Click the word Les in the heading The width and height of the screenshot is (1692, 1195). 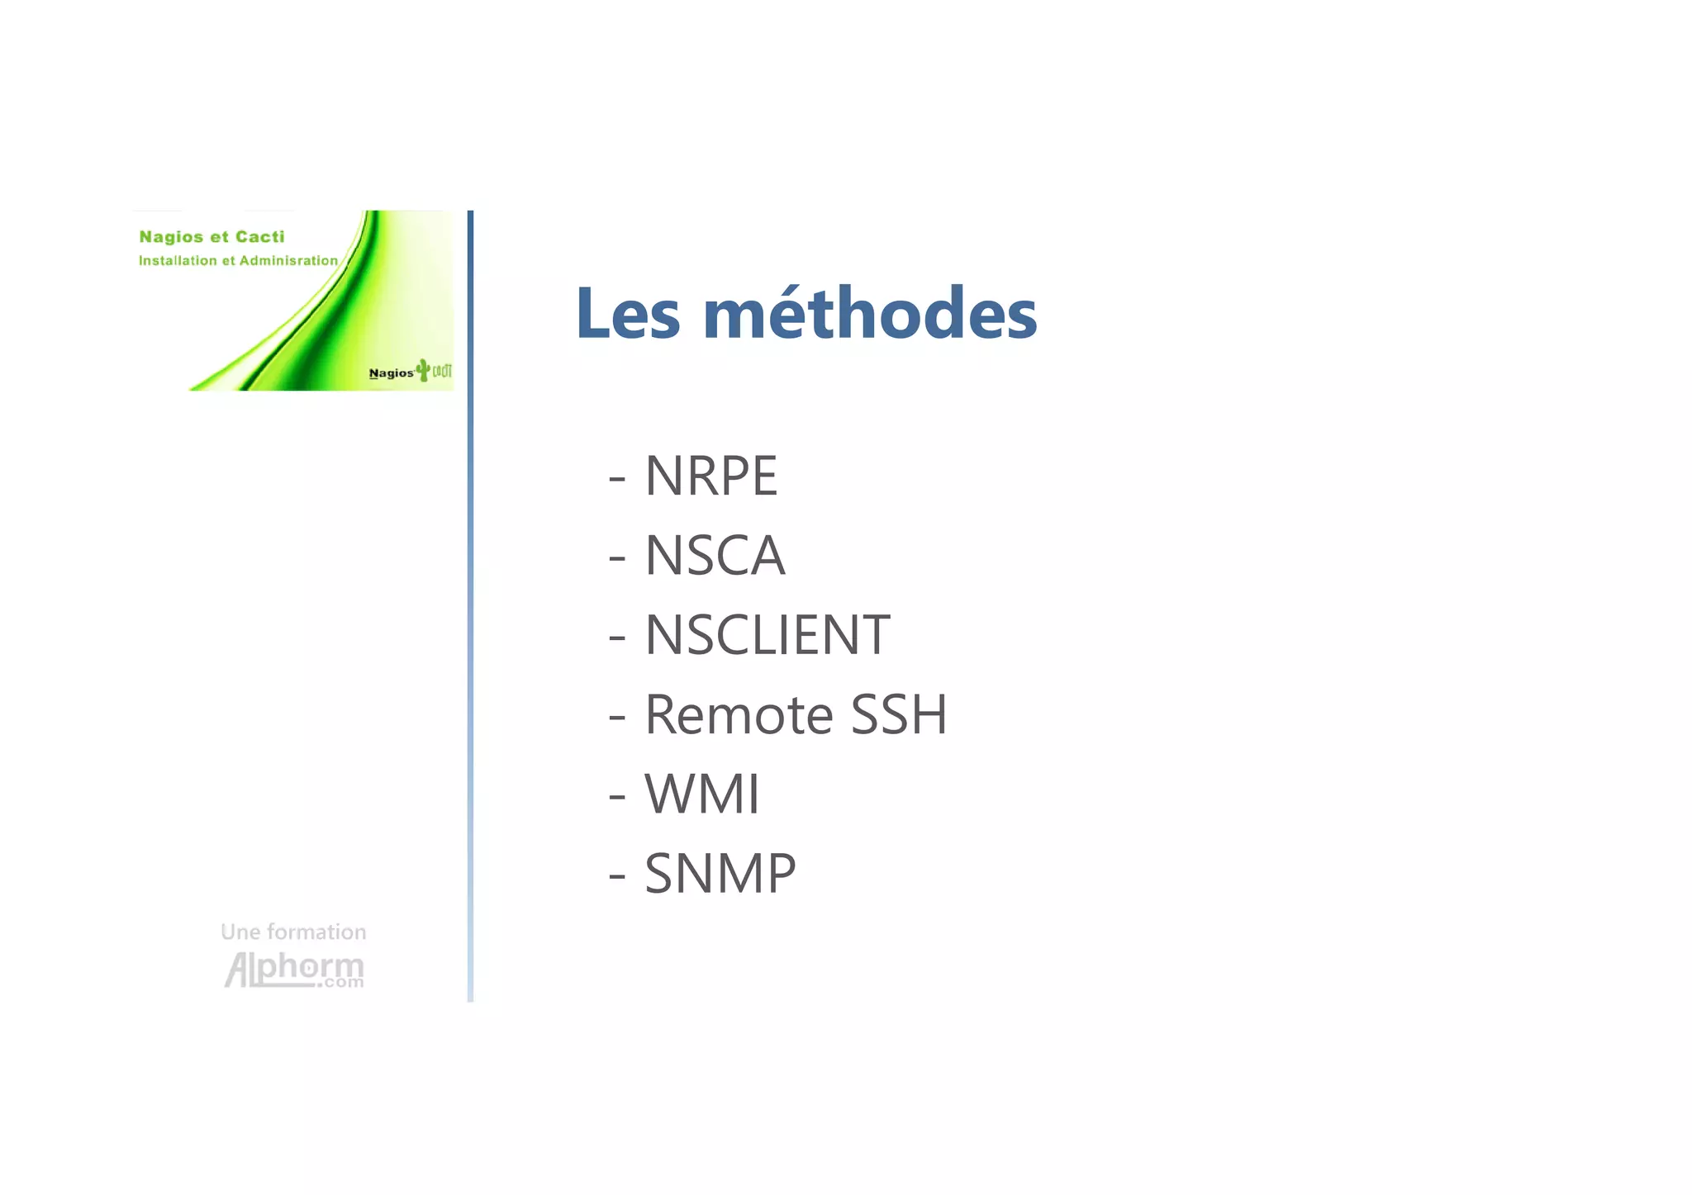click(628, 314)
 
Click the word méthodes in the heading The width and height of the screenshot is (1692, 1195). click(870, 314)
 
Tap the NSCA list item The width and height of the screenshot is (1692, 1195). click(715, 555)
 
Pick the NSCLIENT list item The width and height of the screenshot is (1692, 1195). click(767, 635)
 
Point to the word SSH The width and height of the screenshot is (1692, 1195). click(899, 714)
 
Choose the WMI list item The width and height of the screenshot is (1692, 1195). click(701, 794)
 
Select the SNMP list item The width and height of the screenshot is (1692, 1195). click(720, 874)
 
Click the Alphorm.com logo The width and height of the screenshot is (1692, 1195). click(294, 970)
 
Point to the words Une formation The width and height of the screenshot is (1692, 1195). click(293, 932)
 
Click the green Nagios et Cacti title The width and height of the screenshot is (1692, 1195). click(211, 237)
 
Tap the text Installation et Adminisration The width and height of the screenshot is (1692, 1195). click(238, 261)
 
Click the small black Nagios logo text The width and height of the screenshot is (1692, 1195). click(391, 373)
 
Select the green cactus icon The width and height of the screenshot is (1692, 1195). click(423, 370)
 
